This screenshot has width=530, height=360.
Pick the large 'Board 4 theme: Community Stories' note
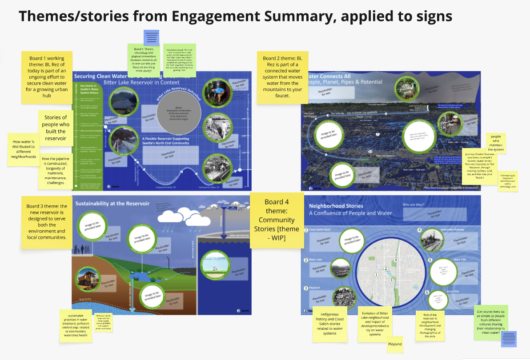point(277,220)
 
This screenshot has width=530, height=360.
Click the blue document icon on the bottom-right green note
point(509,339)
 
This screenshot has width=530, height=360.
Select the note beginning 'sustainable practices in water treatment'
point(76,325)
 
